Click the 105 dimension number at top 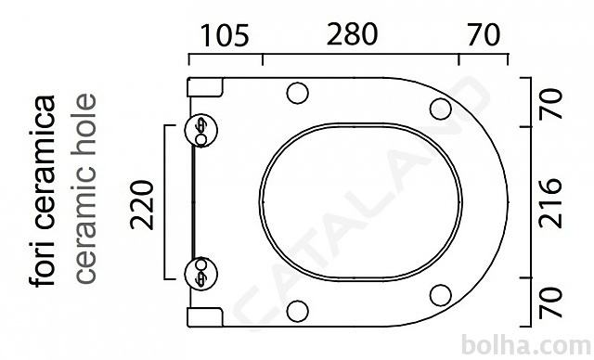(x=225, y=35)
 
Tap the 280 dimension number (x=352, y=34)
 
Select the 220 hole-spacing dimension (x=142, y=205)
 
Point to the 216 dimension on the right (x=550, y=203)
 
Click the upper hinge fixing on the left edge (x=201, y=130)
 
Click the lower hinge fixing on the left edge (x=201, y=274)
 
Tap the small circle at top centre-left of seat (x=297, y=93)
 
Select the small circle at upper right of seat (x=441, y=109)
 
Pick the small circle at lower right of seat (x=441, y=295)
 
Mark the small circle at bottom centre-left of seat (x=297, y=311)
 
